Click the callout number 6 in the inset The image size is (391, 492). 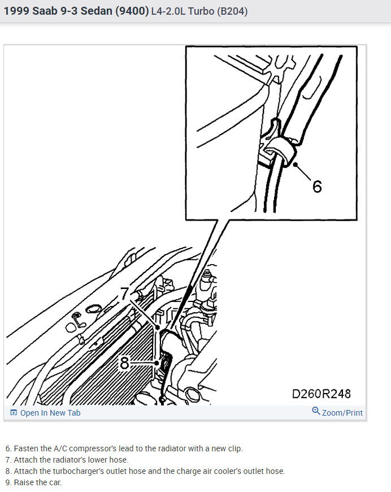(317, 185)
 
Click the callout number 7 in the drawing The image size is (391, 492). (125, 294)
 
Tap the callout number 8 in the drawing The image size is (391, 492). (125, 363)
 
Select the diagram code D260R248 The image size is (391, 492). (321, 393)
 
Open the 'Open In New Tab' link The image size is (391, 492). (50, 413)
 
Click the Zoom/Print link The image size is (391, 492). (342, 413)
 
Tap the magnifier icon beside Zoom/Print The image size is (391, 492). (316, 411)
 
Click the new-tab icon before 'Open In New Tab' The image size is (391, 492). (14, 413)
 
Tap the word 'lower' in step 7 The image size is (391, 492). (101, 460)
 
